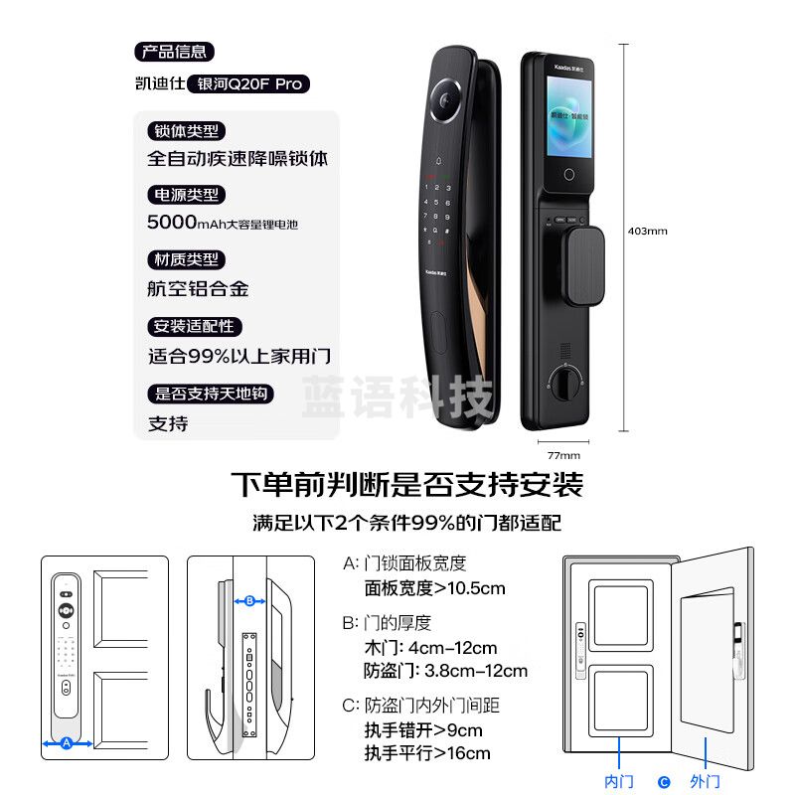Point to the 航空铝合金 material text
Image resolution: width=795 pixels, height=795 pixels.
[x=198, y=289]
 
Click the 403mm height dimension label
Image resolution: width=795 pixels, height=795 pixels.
[x=648, y=231]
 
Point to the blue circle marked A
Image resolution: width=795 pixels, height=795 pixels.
[x=67, y=742]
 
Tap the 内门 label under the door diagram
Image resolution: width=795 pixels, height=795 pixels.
[x=619, y=782]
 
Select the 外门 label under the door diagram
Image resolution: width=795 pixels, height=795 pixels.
[x=705, y=782]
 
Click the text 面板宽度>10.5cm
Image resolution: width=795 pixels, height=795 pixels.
[x=434, y=588]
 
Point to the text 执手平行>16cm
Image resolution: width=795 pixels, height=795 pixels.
[x=427, y=753]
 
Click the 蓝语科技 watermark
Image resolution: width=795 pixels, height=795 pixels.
[x=397, y=397]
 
